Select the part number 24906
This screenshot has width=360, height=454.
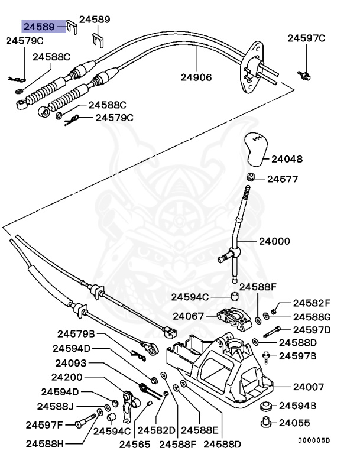pyautogui.click(x=196, y=77)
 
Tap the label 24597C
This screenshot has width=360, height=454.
pyautogui.click(x=306, y=39)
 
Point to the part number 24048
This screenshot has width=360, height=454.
pyautogui.click(x=287, y=159)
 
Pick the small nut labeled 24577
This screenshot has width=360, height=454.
pyautogui.click(x=251, y=177)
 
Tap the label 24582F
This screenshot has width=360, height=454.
pyautogui.click(x=312, y=302)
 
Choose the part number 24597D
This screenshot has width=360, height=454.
pyautogui.click(x=312, y=329)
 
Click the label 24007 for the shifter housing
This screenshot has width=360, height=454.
pyautogui.click(x=308, y=387)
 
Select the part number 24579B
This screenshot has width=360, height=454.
pyautogui.click(x=76, y=333)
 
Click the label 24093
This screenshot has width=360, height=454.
pyautogui.click(x=72, y=363)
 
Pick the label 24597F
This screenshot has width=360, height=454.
pyautogui.click(x=44, y=424)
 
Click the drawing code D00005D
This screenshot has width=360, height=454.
pyautogui.click(x=313, y=440)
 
